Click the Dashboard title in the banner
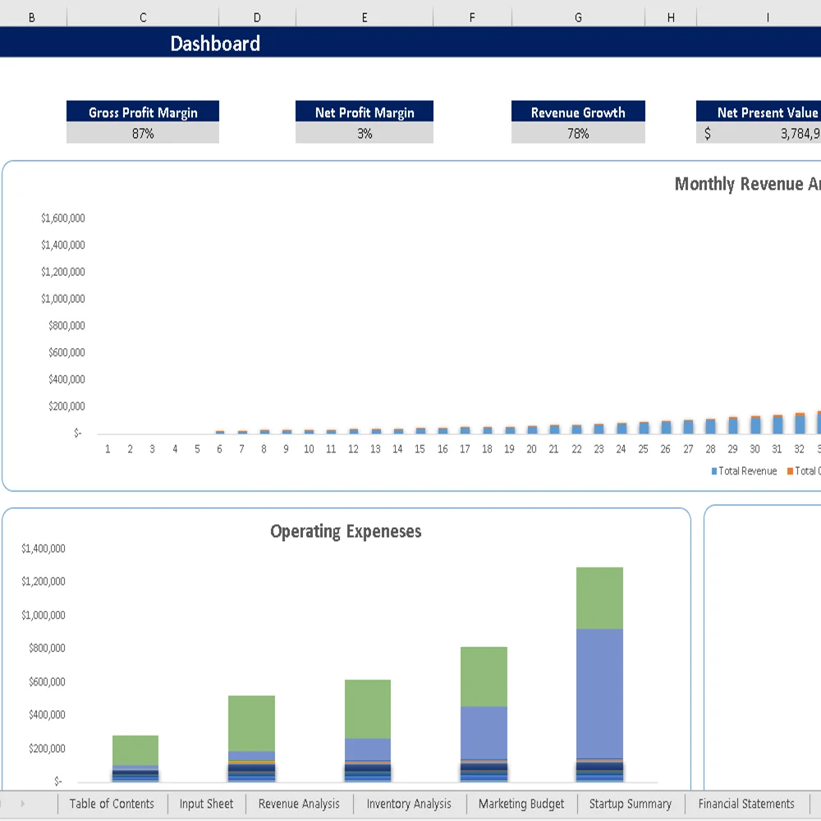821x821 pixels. click(x=215, y=44)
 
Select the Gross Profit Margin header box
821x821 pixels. click(x=143, y=112)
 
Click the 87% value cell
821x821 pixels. click(x=143, y=133)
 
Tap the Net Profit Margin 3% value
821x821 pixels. click(x=365, y=133)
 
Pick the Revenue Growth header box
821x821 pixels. click(x=578, y=112)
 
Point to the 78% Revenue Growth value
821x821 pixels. click(x=578, y=133)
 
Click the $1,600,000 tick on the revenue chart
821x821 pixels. click(x=63, y=218)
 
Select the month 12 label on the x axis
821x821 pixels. click(x=353, y=449)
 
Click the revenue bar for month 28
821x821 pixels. click(x=710, y=426)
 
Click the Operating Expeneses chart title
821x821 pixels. click(x=346, y=531)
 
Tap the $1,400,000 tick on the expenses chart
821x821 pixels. click(x=44, y=548)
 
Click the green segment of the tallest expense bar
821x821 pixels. click(x=599, y=598)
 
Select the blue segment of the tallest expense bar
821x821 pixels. click(x=599, y=693)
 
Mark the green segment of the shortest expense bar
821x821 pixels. click(x=135, y=750)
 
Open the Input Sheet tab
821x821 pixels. click(x=206, y=804)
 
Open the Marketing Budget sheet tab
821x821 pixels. click(x=521, y=804)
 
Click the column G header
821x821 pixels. click(x=578, y=17)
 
